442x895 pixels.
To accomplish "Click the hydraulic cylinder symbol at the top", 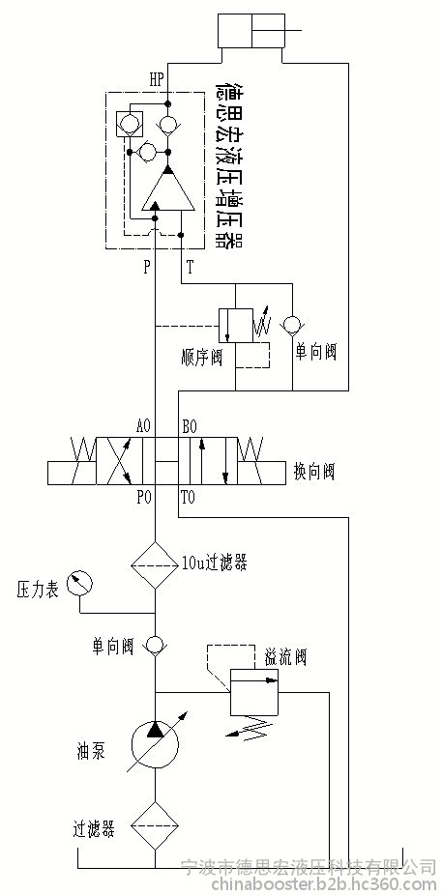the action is (x=251, y=32).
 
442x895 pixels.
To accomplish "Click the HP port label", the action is (x=157, y=80).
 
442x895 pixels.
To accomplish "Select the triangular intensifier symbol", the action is (x=168, y=188).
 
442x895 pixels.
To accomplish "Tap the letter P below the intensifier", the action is (x=147, y=268).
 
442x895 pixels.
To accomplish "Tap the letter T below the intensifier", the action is (x=191, y=268).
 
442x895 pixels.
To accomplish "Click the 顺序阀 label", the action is (x=200, y=359).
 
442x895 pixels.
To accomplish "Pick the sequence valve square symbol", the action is (x=235, y=326).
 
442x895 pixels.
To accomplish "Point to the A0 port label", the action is (x=144, y=426).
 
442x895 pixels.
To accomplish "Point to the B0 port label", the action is (x=190, y=426).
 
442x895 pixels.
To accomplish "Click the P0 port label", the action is (x=144, y=498).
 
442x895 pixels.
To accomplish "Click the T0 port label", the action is (x=188, y=498).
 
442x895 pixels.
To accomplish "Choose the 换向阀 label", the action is (x=313, y=472).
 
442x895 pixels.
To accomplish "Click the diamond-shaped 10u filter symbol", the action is (x=155, y=565).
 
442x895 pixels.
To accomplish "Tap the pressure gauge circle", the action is (x=80, y=585).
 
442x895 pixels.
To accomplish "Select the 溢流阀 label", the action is (x=285, y=657).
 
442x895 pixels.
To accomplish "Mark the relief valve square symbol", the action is (x=254, y=692).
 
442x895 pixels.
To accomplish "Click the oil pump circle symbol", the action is (x=155, y=745).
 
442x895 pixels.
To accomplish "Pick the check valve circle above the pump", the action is (x=155, y=646).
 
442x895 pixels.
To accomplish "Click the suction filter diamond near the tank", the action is (x=155, y=826).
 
